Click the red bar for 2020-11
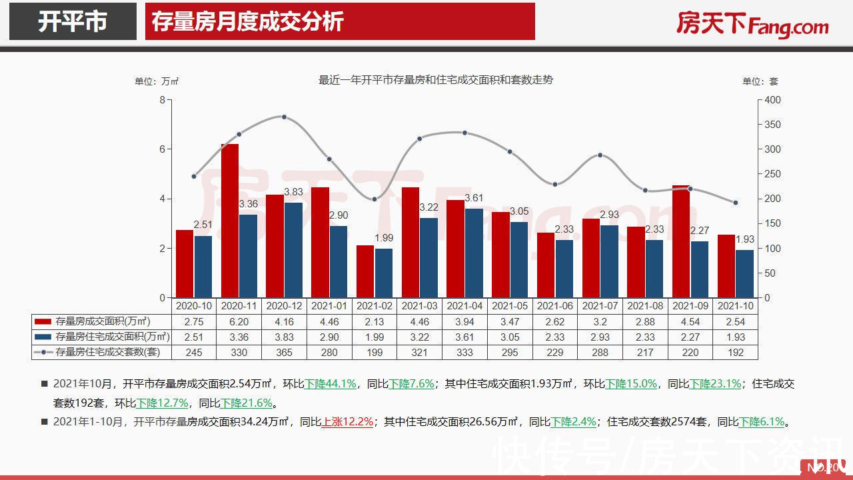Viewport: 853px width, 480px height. click(x=230, y=221)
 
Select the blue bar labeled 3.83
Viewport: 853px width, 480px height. click(x=275, y=250)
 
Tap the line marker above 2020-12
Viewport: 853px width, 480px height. click(x=284, y=117)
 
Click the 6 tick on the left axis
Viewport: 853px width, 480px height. click(x=161, y=149)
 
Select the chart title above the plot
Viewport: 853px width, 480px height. click(x=436, y=80)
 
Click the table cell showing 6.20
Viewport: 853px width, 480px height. click(x=239, y=321)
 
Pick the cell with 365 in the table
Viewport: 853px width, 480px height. click(x=284, y=352)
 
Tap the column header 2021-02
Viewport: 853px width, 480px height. click(x=375, y=305)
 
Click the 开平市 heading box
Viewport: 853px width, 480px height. click(x=73, y=22)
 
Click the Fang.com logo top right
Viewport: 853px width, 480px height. click(x=752, y=25)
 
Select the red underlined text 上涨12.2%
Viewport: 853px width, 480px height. click(x=347, y=422)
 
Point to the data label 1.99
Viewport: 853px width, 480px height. click(x=383, y=238)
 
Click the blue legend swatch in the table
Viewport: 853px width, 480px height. click(x=43, y=337)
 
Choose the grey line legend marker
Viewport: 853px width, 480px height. click(x=43, y=352)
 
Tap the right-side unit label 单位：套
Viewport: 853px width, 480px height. click(x=760, y=81)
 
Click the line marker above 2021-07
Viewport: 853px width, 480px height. click(x=600, y=155)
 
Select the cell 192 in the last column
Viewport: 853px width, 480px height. click(x=735, y=352)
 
